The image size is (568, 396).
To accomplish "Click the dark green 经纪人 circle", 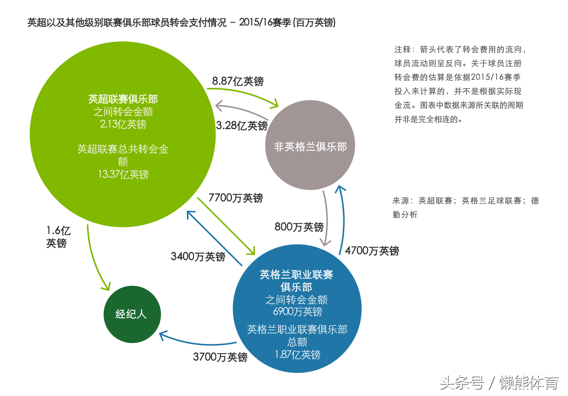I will point(132,314).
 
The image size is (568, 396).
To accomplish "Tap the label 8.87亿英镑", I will point(238,81).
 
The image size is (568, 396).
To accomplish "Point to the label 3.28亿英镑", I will point(241,125).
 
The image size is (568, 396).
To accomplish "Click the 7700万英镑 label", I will point(236,198).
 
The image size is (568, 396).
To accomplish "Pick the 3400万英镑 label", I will point(198,256).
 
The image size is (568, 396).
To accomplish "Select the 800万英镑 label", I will point(299,227).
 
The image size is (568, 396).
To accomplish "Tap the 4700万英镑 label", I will point(372,251).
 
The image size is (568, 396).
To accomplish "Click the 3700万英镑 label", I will point(220,357).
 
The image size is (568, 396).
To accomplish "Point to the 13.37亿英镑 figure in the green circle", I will point(123,174).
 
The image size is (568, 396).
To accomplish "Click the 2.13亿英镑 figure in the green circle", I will point(123,124).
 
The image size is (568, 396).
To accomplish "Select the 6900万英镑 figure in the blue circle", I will point(297,311).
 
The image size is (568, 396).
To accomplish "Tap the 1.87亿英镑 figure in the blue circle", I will point(297,355).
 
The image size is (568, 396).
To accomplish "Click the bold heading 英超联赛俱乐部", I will point(123,99).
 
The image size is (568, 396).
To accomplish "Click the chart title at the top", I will point(181,23).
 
